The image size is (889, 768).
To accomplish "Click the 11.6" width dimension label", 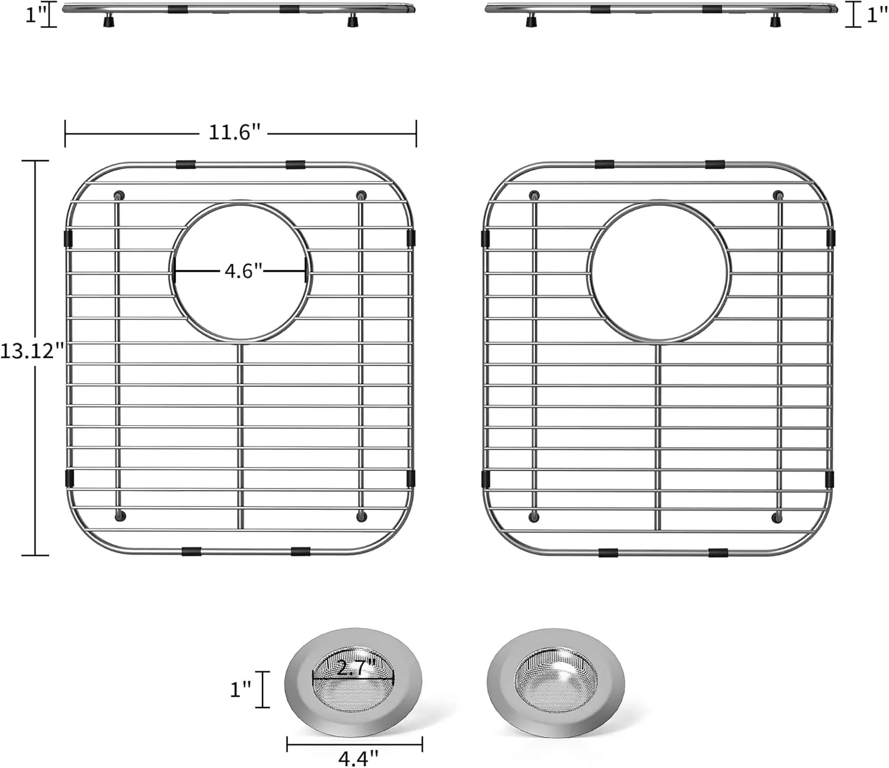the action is (235, 132).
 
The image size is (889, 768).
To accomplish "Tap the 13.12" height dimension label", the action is (32, 351).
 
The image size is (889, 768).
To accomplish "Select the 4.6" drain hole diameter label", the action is (244, 271).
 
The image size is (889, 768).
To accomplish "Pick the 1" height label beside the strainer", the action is (241, 690).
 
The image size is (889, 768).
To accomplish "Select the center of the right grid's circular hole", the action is (658, 273).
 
